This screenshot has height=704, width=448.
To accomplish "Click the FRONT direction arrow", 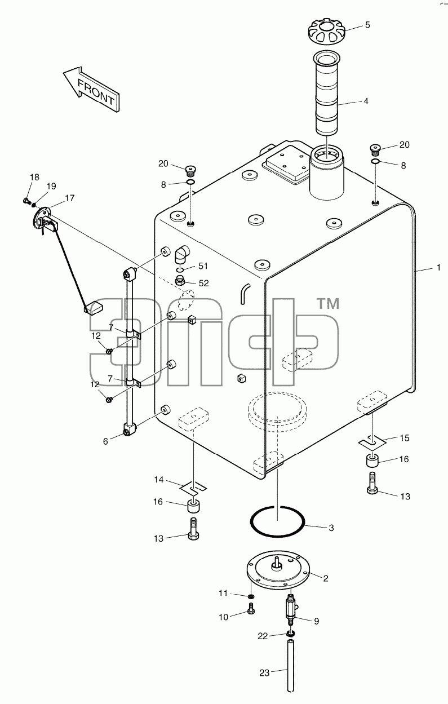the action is tap(91, 90).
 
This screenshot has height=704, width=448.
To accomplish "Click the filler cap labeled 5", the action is tap(326, 32).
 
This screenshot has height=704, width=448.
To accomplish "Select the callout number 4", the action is tap(365, 101).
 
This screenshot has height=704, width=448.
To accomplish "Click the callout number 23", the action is tap(264, 673).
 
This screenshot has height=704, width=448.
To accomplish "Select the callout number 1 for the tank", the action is tap(438, 268).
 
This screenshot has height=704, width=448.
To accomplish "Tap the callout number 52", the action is tap(203, 283).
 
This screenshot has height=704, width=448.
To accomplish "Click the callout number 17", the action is tap(70, 198).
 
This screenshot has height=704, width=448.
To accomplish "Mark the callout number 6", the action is tap(105, 441).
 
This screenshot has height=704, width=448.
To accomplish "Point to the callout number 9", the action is tap(316, 621).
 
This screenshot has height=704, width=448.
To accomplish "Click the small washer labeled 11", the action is tap(251, 596).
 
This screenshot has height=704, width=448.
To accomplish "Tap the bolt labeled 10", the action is tap(251, 608).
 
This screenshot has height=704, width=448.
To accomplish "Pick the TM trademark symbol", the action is tap(329, 304).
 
